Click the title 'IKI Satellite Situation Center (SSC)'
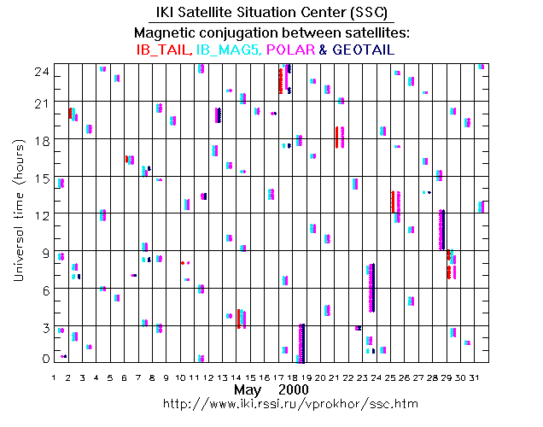[271, 14]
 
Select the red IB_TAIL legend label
[163, 50]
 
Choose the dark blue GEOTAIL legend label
[362, 50]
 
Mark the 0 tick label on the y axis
[44, 359]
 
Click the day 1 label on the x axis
[54, 377]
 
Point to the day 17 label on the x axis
[282, 377]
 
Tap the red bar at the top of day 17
[280, 81]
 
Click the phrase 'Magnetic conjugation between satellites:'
[271, 32]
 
